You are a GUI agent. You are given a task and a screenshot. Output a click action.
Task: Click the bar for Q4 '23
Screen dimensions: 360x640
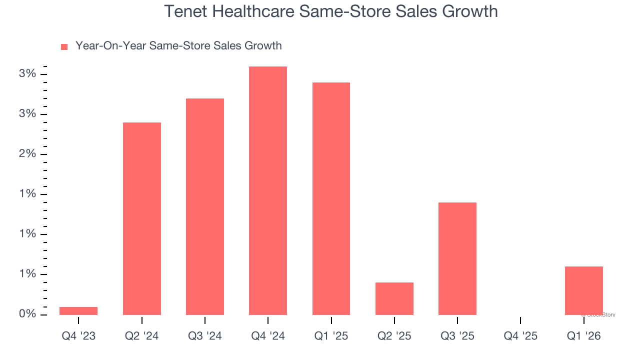coord(78,310)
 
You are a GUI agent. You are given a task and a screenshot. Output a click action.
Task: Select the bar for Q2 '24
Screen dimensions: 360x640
coord(142,218)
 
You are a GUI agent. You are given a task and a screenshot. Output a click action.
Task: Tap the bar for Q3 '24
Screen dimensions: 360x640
coord(205,206)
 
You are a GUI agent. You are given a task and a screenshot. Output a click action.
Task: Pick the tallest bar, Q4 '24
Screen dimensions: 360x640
coord(268,190)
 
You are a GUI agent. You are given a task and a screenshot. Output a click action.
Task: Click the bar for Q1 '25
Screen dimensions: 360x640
coord(331,198)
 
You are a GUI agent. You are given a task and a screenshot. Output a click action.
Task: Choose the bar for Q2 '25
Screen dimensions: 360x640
coord(394,298)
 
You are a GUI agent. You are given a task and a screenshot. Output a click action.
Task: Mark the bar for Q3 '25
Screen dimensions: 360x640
coord(457,258)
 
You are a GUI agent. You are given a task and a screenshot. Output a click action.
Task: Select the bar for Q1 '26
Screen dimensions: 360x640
coord(584,290)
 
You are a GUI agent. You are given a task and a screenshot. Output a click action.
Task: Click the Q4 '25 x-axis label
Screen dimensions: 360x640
coord(520,336)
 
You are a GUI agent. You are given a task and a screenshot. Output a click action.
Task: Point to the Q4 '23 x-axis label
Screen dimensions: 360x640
coord(78,336)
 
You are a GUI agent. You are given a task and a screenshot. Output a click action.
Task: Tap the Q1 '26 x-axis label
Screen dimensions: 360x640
coord(584,336)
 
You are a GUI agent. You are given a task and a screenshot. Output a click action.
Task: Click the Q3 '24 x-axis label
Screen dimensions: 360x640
coord(205,336)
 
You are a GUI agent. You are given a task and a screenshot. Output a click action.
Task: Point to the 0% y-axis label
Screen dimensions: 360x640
coord(27,314)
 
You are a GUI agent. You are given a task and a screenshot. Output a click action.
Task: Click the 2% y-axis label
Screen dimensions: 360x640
coord(27,154)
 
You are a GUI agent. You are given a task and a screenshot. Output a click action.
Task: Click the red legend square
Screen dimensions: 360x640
coord(64,46)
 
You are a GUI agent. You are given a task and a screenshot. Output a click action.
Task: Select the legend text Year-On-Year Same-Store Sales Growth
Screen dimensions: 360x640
coord(178,46)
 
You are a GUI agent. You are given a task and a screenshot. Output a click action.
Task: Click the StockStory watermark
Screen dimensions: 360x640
coord(599,315)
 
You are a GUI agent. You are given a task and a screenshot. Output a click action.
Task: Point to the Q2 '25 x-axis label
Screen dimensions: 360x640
coord(394,336)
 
